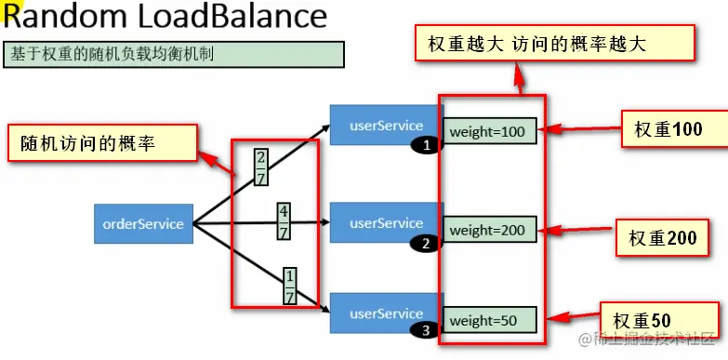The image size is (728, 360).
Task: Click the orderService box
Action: (x=143, y=223)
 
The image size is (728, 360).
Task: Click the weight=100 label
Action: (x=489, y=132)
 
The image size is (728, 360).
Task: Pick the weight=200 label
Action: (x=489, y=229)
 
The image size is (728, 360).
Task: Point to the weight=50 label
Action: (x=489, y=321)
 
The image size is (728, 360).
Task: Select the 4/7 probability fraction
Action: (x=284, y=222)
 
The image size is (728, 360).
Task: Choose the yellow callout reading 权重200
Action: (x=662, y=239)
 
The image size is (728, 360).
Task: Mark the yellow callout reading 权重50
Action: (x=648, y=321)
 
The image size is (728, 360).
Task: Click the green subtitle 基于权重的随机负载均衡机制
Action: (x=174, y=54)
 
